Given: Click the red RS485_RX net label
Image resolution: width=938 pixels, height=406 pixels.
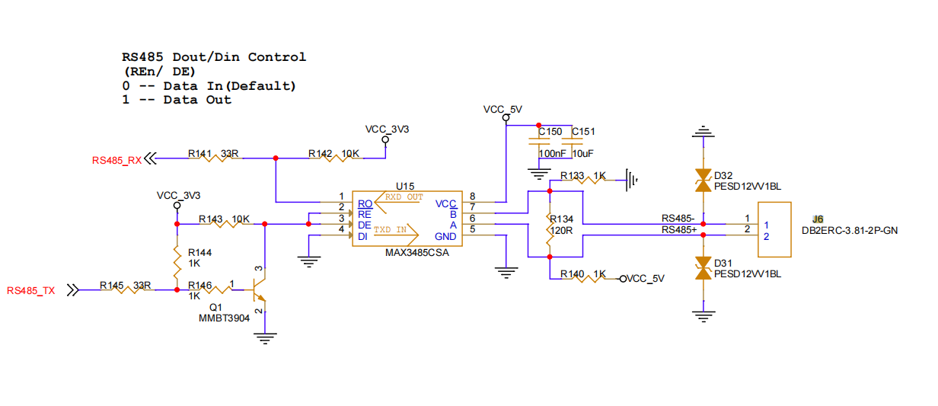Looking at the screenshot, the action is (116, 161).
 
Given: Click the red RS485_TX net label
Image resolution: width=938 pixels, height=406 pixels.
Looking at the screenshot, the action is (31, 291).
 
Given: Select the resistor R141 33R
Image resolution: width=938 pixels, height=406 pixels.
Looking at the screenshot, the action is (215, 158).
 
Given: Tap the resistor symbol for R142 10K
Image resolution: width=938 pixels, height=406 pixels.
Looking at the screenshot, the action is (335, 158).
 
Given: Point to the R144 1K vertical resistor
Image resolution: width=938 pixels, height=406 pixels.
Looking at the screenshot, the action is (177, 262).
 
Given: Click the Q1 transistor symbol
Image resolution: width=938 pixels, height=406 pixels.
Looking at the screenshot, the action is (260, 289).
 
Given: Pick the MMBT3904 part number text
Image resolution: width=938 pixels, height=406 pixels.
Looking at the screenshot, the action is (224, 318).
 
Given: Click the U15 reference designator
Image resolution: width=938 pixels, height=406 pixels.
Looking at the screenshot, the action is (405, 186).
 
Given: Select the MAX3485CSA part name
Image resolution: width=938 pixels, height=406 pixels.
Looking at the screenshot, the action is (417, 253).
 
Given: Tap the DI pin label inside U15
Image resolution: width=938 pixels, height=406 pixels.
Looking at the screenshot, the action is (362, 237).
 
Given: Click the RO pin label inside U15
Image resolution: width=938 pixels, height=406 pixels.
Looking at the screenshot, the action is (365, 204).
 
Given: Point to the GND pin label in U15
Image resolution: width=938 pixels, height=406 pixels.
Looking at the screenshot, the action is (445, 237).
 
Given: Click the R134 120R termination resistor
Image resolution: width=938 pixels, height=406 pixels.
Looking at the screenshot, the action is (550, 229).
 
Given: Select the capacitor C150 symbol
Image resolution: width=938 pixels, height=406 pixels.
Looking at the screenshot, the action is (539, 142).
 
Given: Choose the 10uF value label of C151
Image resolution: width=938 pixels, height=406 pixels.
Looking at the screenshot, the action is (583, 154).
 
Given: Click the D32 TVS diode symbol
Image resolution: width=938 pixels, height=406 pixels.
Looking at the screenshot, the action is (703, 181).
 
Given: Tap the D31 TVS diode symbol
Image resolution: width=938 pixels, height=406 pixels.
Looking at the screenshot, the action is (703, 268).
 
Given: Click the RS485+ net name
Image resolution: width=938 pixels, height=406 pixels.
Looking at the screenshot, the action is (679, 230).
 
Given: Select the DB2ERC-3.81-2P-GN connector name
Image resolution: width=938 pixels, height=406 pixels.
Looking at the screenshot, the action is (850, 231).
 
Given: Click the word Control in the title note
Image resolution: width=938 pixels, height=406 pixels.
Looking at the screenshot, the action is (277, 57).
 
